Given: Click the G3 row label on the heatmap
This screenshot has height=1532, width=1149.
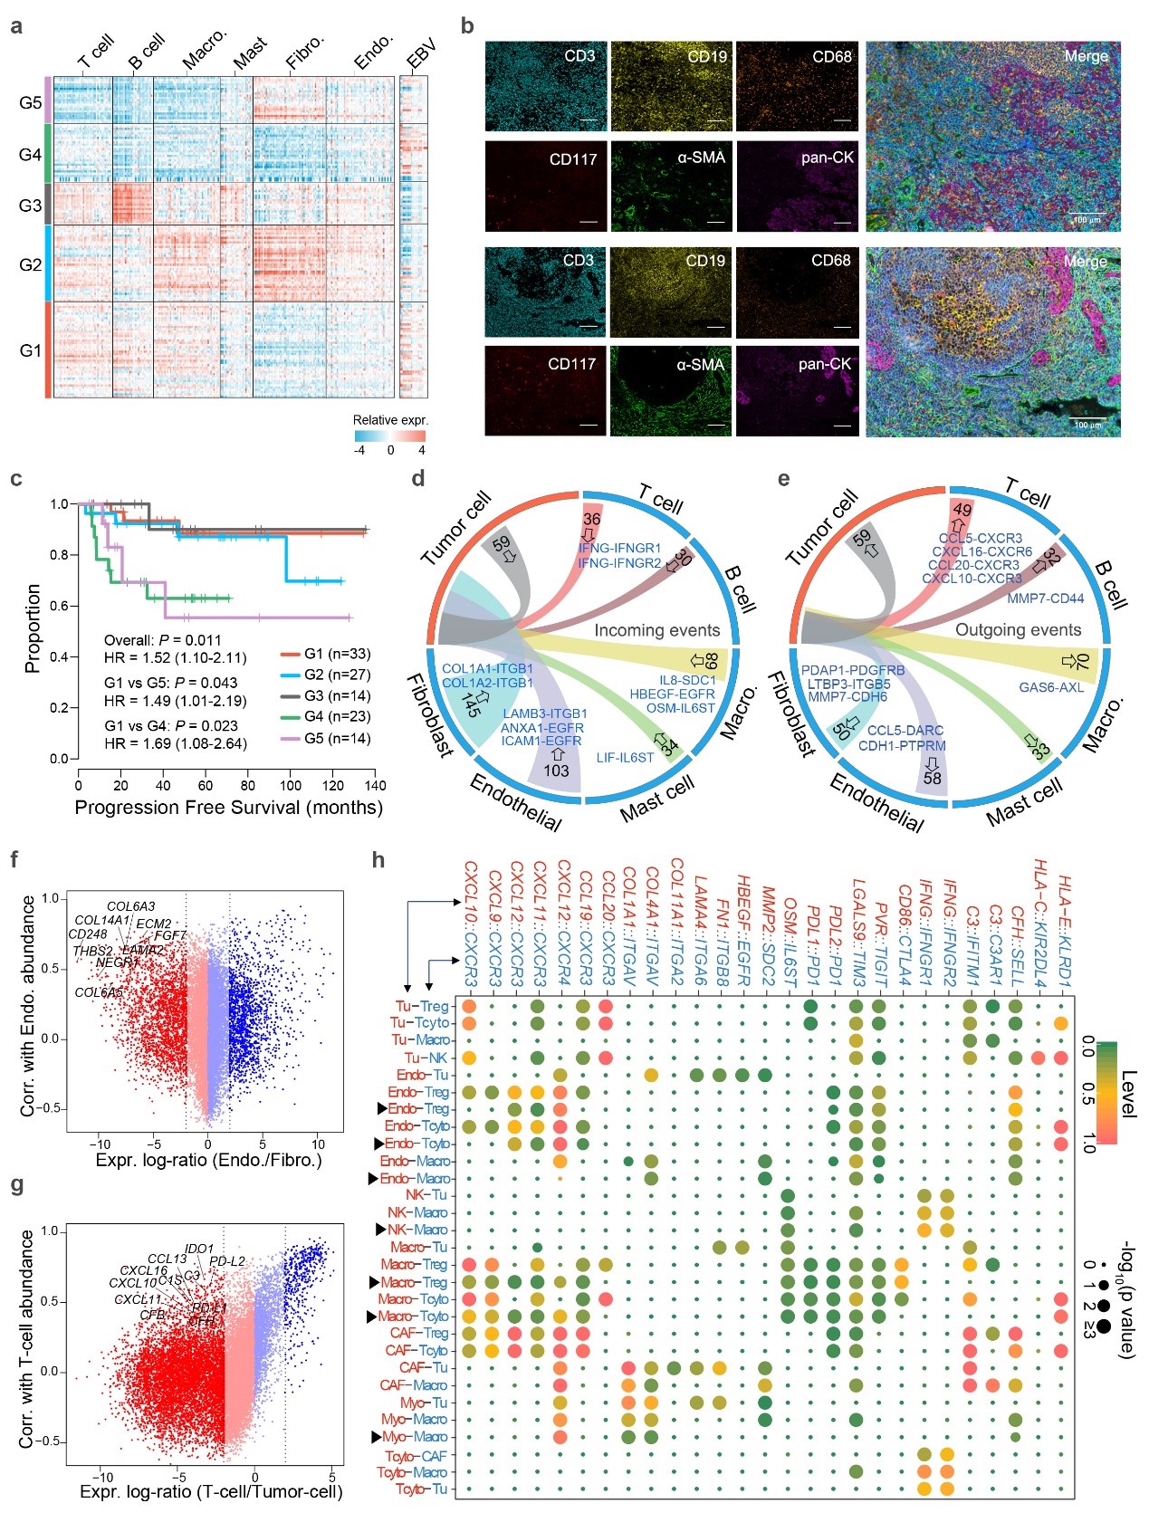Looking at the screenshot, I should pos(30,206).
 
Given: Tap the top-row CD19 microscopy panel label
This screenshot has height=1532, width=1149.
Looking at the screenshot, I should pos(706,56).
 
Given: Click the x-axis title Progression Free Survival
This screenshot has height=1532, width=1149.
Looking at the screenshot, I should pos(228,807).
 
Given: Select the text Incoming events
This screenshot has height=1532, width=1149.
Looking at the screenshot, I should pos(656,630).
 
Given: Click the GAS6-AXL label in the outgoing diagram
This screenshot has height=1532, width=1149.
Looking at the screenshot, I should pos(1051,687).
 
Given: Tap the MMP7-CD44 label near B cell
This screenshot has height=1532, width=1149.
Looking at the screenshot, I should pos(1045,598).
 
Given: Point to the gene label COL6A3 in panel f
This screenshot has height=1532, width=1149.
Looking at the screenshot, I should pos(130,906).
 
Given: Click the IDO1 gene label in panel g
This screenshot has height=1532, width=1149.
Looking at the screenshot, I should pos(199,1250).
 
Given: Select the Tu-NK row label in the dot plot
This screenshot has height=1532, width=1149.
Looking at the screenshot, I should pos(426,1058).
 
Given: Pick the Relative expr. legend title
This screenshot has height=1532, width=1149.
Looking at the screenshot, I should pos(390,420).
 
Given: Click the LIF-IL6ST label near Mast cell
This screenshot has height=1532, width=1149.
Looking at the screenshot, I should pos(625,757).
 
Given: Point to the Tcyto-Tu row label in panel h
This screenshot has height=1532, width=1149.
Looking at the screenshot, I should pos(422,1489).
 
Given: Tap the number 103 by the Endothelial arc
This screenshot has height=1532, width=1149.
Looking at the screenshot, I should pos(556,771).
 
